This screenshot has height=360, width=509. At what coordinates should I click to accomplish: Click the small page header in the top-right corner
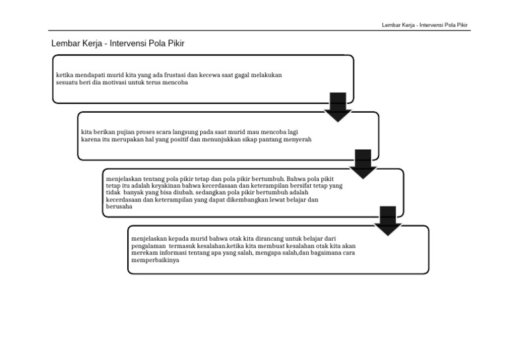425,25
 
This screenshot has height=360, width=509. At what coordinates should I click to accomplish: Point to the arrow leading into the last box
388,221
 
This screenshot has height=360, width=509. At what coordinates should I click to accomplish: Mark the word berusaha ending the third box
119,206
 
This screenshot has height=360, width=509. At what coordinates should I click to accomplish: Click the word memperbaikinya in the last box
155,259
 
